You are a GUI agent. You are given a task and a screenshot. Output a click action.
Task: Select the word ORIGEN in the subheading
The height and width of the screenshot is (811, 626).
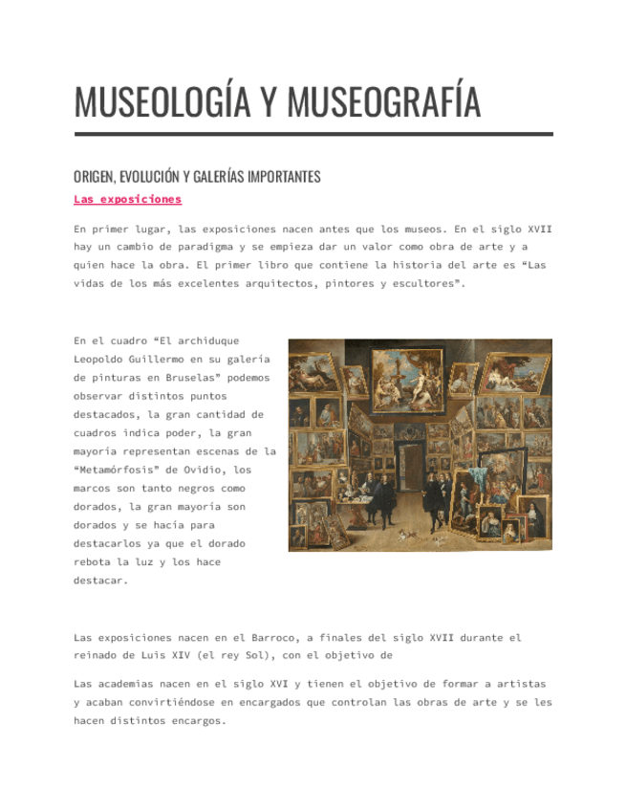(x=93, y=177)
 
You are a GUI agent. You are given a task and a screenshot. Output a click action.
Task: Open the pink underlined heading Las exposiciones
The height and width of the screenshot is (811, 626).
(x=127, y=200)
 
